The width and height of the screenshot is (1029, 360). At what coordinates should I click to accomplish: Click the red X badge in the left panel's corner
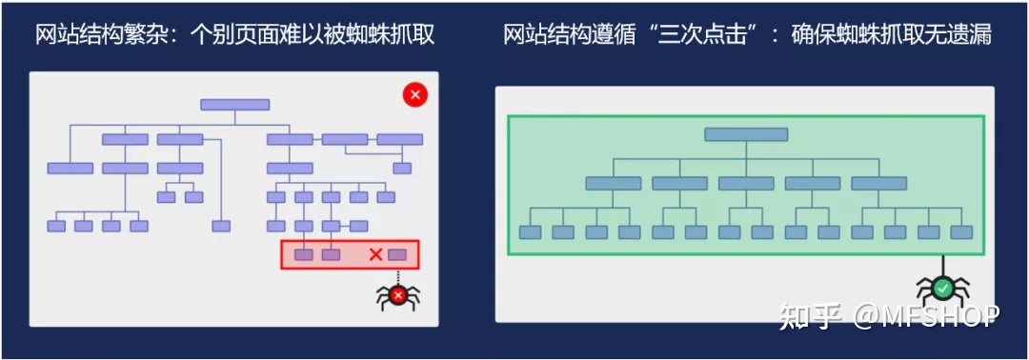[x=414, y=94]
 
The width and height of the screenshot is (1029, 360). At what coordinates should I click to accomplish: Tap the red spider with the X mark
[x=398, y=295]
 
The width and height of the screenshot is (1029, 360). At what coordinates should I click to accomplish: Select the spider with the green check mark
[x=942, y=288]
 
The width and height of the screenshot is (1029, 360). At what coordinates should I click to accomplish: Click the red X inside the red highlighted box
[x=375, y=254]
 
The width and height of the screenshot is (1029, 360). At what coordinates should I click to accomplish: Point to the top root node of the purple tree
[x=234, y=105]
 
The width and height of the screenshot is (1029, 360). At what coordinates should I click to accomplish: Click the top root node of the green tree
[x=746, y=134]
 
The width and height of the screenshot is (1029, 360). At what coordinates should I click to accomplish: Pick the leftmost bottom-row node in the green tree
[x=530, y=232]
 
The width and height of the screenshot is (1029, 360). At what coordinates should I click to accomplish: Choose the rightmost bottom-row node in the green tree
[x=961, y=232]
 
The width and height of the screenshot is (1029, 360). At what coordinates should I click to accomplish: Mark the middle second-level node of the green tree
[x=746, y=183]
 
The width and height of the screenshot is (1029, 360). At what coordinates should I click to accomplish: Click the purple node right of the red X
[x=397, y=254]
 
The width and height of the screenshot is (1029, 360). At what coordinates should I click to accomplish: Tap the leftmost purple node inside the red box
[x=303, y=254]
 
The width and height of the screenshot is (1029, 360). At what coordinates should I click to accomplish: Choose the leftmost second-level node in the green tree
[x=613, y=183]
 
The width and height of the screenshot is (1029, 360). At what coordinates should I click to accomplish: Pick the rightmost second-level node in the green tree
[x=878, y=183]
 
